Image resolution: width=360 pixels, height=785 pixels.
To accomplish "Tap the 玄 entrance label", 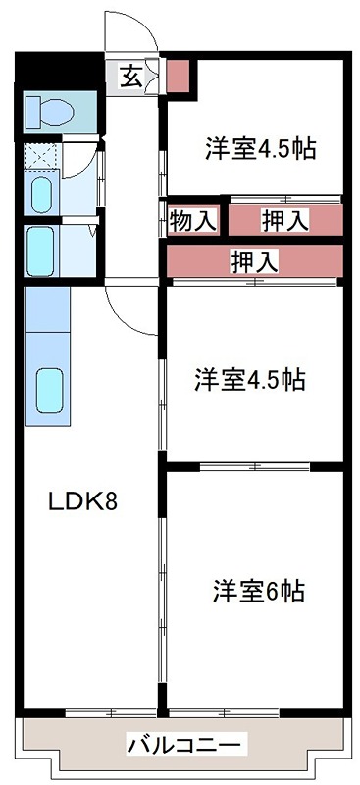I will [x=130, y=76].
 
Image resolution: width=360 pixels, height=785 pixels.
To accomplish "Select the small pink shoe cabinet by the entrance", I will [x=178, y=76].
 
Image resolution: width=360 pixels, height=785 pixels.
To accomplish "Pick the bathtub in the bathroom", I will [x=42, y=249].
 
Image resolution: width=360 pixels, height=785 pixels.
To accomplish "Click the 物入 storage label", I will [x=191, y=221].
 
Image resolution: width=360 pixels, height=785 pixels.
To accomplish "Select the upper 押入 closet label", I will [x=284, y=221].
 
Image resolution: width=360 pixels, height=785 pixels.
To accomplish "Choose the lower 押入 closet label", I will [x=254, y=260].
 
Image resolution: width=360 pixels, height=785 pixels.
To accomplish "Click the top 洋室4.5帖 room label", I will [x=260, y=149].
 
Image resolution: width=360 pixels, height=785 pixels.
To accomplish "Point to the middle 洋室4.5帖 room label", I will [x=249, y=379].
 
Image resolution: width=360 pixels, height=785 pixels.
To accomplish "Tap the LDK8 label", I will [x=83, y=502].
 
